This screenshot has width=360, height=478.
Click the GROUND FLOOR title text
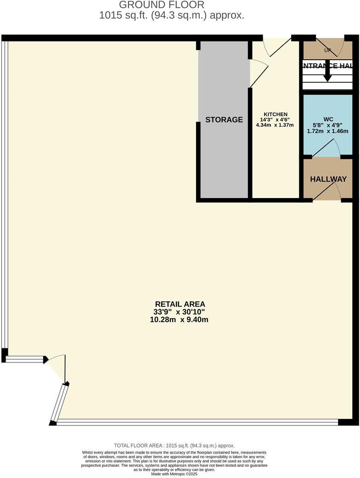coord(161,5)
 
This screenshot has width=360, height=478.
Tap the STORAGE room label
coord(224,120)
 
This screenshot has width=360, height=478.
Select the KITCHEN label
coord(276,114)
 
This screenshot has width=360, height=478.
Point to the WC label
coord(327,119)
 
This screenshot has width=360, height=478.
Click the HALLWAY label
coord(328,179)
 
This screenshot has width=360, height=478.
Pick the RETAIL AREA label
coord(180,304)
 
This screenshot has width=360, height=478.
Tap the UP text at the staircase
coord(327,50)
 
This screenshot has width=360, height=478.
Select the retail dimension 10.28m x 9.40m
coord(179,319)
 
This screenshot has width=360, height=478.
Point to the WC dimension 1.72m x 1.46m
coord(326,131)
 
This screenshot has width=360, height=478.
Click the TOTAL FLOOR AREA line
coord(174,445)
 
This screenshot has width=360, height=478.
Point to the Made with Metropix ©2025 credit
coord(174,474)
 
